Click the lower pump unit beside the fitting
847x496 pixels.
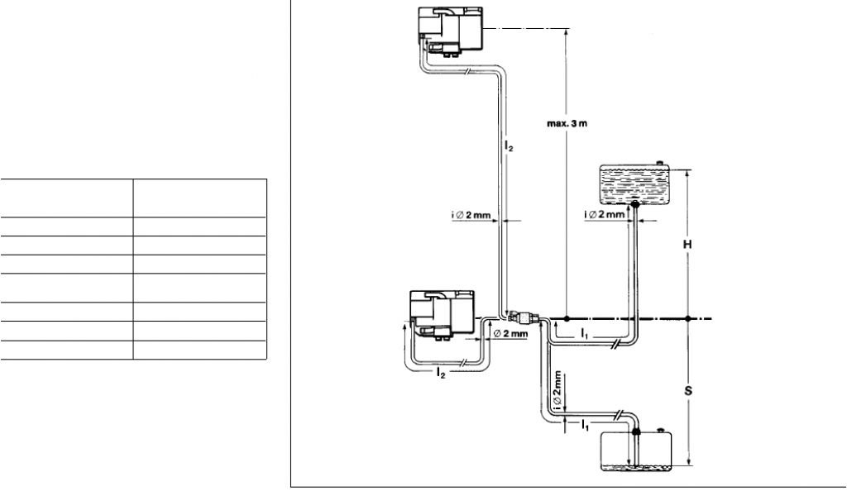click(442, 315)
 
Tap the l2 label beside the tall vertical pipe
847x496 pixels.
click(510, 146)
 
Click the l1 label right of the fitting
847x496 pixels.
click(584, 332)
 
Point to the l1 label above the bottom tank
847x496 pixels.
click(584, 424)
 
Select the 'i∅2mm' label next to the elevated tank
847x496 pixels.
click(605, 216)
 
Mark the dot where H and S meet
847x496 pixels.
click(687, 318)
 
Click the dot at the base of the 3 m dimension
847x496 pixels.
click(567, 318)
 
